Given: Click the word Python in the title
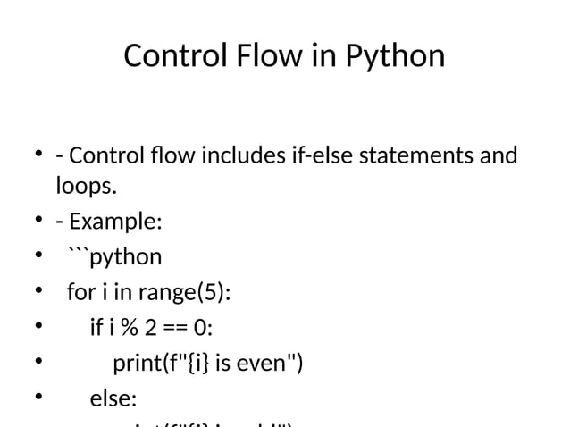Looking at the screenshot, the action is pos(394,56).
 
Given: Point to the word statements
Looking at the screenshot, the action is pos(418,156).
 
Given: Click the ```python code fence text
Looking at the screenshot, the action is pos(114,257).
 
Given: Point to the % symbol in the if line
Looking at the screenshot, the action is pos(129,328).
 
